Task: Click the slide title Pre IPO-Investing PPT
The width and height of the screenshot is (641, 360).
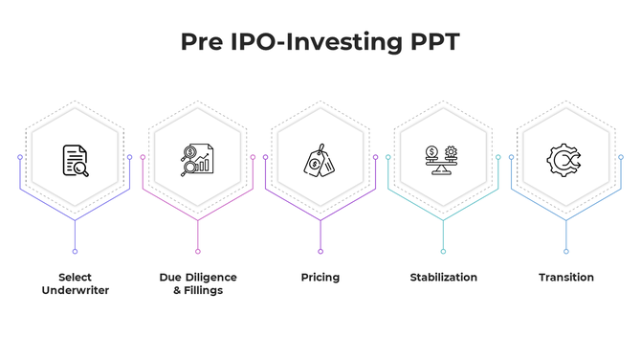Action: point(320,43)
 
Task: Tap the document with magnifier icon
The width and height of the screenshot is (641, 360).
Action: point(75,160)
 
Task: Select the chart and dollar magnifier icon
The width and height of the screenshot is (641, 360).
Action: point(197,160)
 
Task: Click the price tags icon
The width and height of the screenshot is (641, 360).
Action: point(320,161)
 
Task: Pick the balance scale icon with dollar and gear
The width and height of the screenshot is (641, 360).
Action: point(442,159)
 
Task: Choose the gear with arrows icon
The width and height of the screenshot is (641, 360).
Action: point(564,159)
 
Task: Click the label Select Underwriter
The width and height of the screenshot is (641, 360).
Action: point(75,283)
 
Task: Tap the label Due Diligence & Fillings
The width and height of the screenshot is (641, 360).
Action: point(197,283)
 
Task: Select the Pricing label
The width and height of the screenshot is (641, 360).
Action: point(320,278)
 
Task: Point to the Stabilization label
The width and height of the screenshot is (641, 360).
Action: point(443,278)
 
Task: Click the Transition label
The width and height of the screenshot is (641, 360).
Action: point(565,278)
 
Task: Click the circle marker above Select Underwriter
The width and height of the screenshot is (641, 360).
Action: point(75,252)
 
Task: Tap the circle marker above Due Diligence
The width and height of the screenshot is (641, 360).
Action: point(197,252)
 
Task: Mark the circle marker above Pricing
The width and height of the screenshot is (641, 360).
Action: point(320,252)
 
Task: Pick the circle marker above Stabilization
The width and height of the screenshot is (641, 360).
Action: point(442,252)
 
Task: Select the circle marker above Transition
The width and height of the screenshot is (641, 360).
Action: point(565,252)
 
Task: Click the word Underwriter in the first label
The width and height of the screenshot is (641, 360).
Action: point(75,290)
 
